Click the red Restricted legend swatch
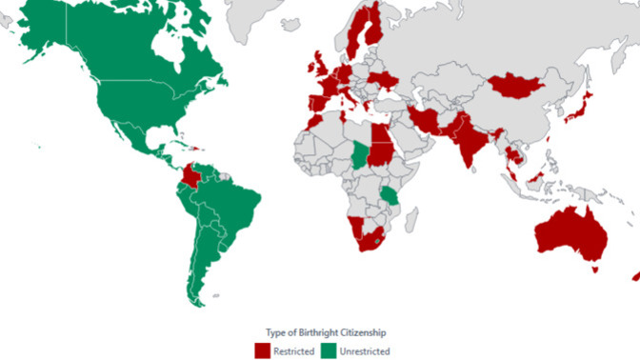pos(262,350)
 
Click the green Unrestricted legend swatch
pos(329,350)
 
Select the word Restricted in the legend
pos(293,351)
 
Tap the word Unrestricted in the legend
pos(365,351)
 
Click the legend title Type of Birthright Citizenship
pos(319,331)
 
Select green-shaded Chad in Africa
pos(360,152)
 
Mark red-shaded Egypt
pos(379,130)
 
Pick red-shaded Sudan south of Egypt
pos(382,152)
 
